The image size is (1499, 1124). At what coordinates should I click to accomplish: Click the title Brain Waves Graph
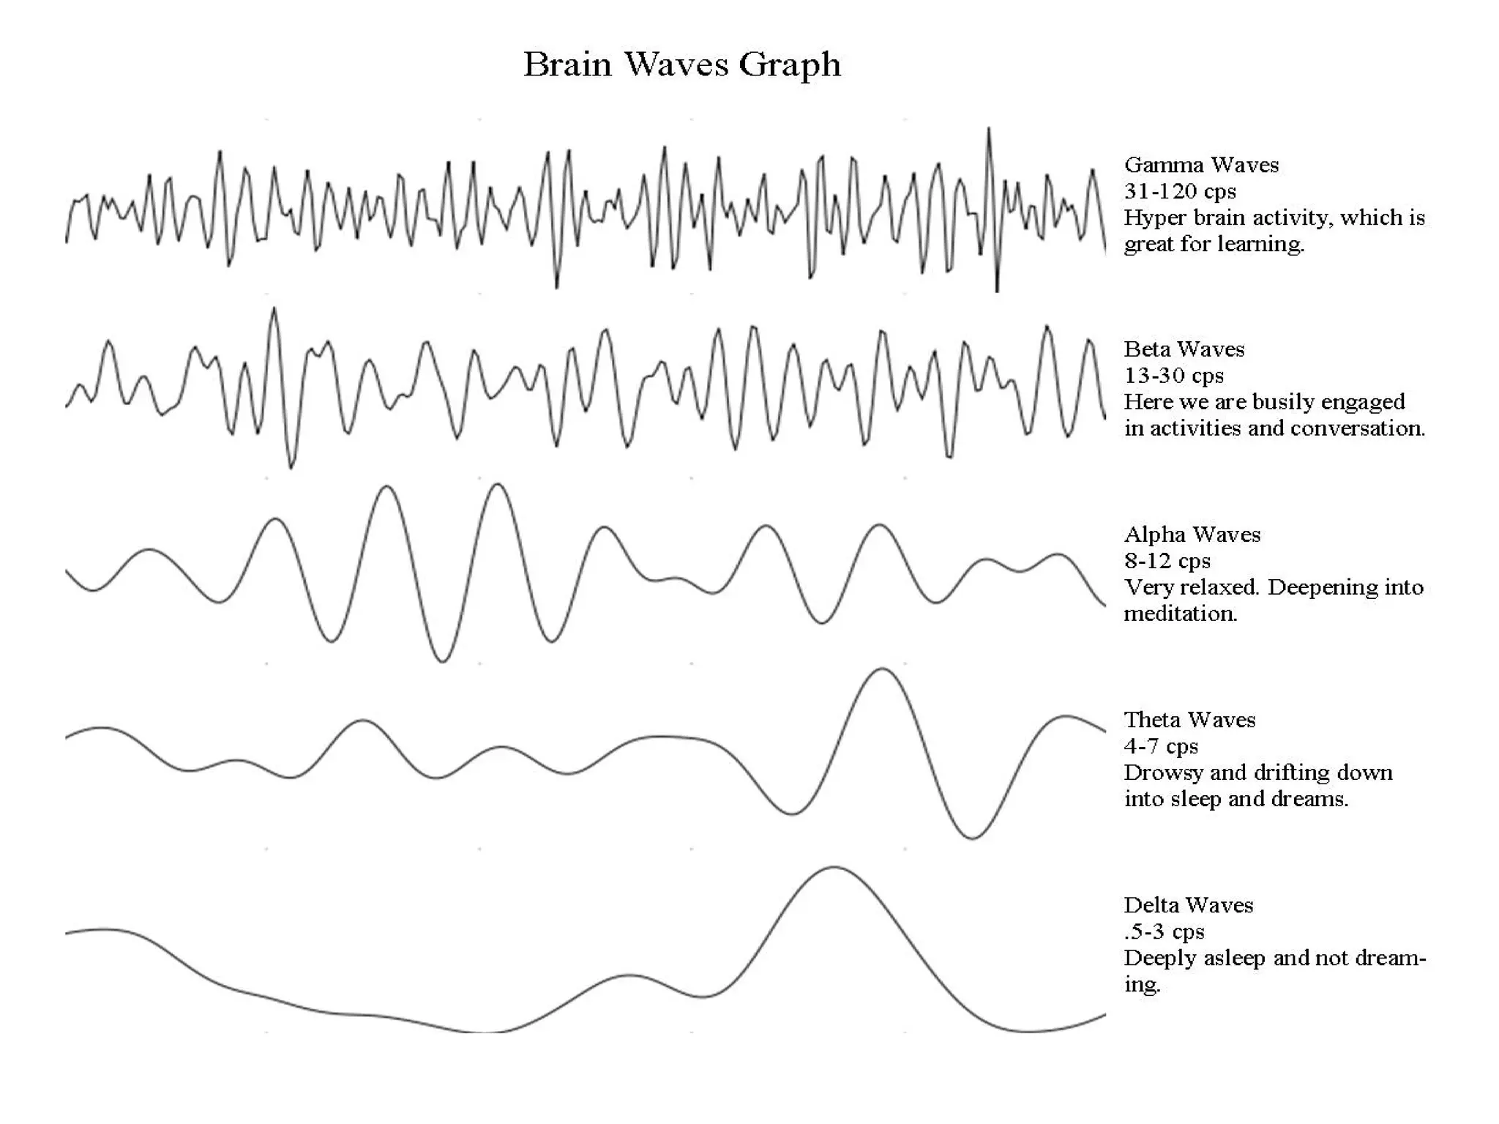point(681,64)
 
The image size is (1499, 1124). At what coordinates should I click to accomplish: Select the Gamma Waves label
point(1201,165)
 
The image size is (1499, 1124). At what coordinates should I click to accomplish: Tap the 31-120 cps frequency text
point(1180,191)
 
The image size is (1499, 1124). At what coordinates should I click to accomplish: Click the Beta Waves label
point(1184,349)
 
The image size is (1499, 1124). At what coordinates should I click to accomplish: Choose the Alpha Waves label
point(1192,535)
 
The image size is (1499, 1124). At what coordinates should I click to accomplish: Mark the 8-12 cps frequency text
point(1167,561)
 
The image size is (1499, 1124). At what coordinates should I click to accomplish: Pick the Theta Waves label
point(1189,720)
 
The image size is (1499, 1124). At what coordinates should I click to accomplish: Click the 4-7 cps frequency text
point(1161,746)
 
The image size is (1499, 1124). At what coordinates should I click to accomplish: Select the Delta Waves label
point(1188,905)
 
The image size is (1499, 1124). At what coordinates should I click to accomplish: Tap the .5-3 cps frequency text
point(1164,931)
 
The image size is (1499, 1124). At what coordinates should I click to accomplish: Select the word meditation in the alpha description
point(1180,614)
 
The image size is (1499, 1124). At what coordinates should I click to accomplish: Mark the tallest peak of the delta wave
point(834,868)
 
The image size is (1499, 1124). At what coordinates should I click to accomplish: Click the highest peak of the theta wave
point(882,669)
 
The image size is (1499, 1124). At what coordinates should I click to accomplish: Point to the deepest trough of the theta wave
point(971,838)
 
